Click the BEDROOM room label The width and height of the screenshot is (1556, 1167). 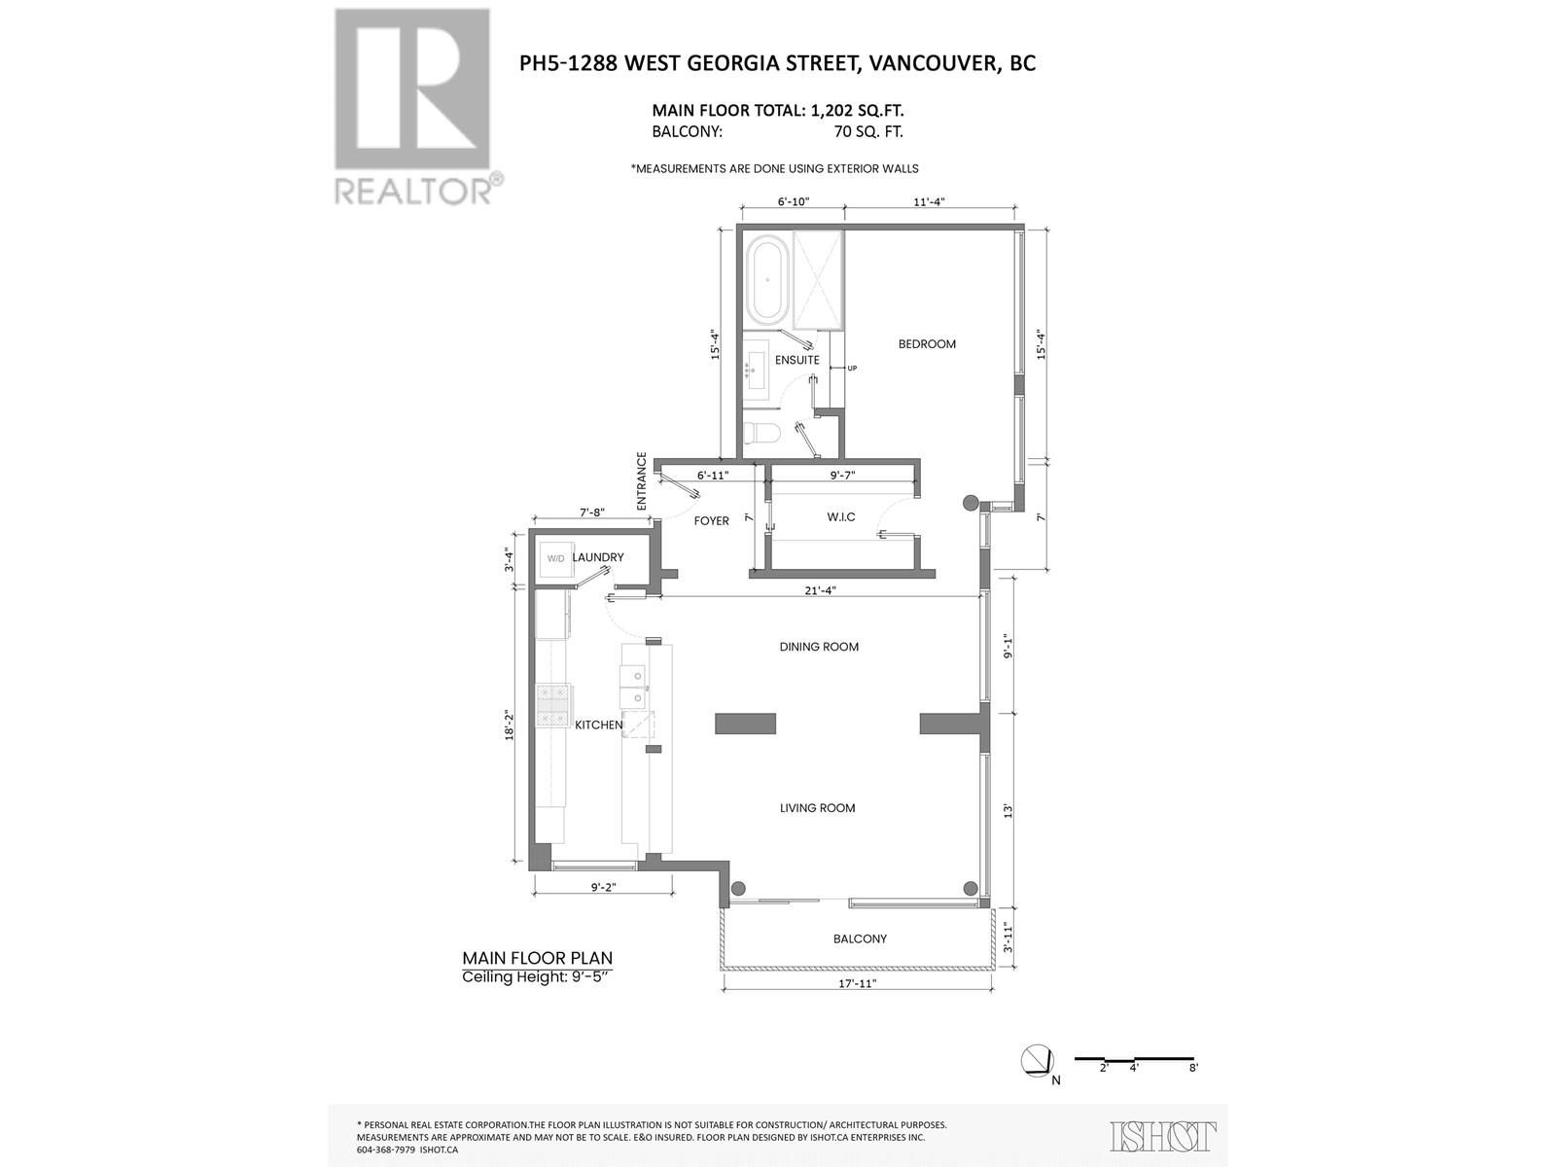click(926, 344)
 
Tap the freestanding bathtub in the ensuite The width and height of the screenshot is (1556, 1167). click(767, 280)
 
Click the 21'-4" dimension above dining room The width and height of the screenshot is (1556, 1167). click(820, 590)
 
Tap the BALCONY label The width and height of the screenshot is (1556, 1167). click(860, 938)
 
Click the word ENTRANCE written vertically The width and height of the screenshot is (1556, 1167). click(642, 481)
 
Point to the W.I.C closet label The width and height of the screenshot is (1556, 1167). click(841, 516)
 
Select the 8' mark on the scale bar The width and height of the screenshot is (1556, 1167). click(1193, 1068)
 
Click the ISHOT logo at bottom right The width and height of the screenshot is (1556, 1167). click(1163, 1136)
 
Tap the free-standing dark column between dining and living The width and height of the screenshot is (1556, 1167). click(745, 723)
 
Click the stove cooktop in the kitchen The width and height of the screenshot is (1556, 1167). click(553, 705)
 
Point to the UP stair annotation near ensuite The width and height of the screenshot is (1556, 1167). click(852, 368)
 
